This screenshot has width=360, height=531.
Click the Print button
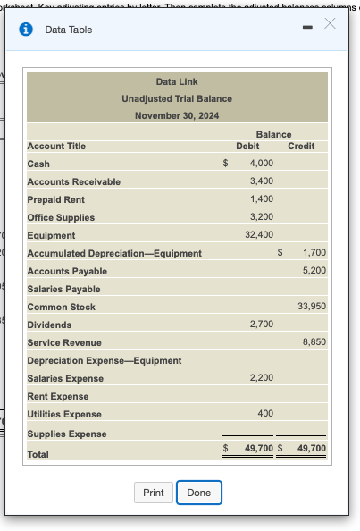[x=153, y=493]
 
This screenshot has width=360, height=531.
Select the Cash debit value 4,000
[x=262, y=164]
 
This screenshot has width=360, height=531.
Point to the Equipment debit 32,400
[x=259, y=235]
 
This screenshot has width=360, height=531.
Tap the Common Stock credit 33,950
[x=311, y=307]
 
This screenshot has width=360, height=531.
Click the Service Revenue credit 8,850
[x=314, y=342]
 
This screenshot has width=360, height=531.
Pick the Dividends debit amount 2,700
[x=262, y=324]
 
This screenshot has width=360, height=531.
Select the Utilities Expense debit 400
[x=265, y=414]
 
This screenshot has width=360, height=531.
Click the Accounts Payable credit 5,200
[x=314, y=271]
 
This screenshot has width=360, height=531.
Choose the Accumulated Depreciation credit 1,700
[x=314, y=253]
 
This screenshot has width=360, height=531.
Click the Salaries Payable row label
[x=63, y=289]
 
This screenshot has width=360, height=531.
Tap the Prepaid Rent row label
[x=55, y=199]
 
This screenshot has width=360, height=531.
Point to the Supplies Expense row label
[x=66, y=434]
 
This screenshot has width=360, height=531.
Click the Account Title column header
[x=56, y=146]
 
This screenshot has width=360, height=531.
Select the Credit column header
[x=301, y=146]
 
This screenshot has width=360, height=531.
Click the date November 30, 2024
[x=177, y=115]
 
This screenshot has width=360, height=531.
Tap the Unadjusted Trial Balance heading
[x=177, y=98]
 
